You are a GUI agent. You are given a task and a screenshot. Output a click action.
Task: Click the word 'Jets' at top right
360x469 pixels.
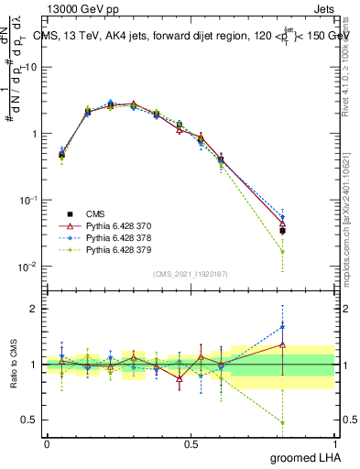click(x=322, y=8)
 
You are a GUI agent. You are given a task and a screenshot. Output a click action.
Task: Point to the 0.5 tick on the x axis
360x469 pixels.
click(x=191, y=444)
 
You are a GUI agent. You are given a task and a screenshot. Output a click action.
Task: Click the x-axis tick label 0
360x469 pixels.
click(x=47, y=444)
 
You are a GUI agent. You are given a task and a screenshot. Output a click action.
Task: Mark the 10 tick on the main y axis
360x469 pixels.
click(x=33, y=67)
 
